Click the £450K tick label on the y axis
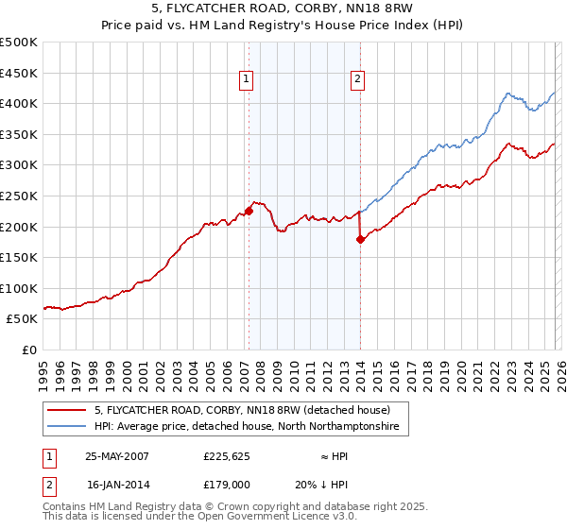(19, 73)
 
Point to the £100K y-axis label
(19, 288)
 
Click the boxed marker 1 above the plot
(246, 80)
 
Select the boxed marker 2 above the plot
(358, 80)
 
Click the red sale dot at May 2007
(249, 211)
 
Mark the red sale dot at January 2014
(360, 239)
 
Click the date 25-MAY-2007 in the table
(117, 456)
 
